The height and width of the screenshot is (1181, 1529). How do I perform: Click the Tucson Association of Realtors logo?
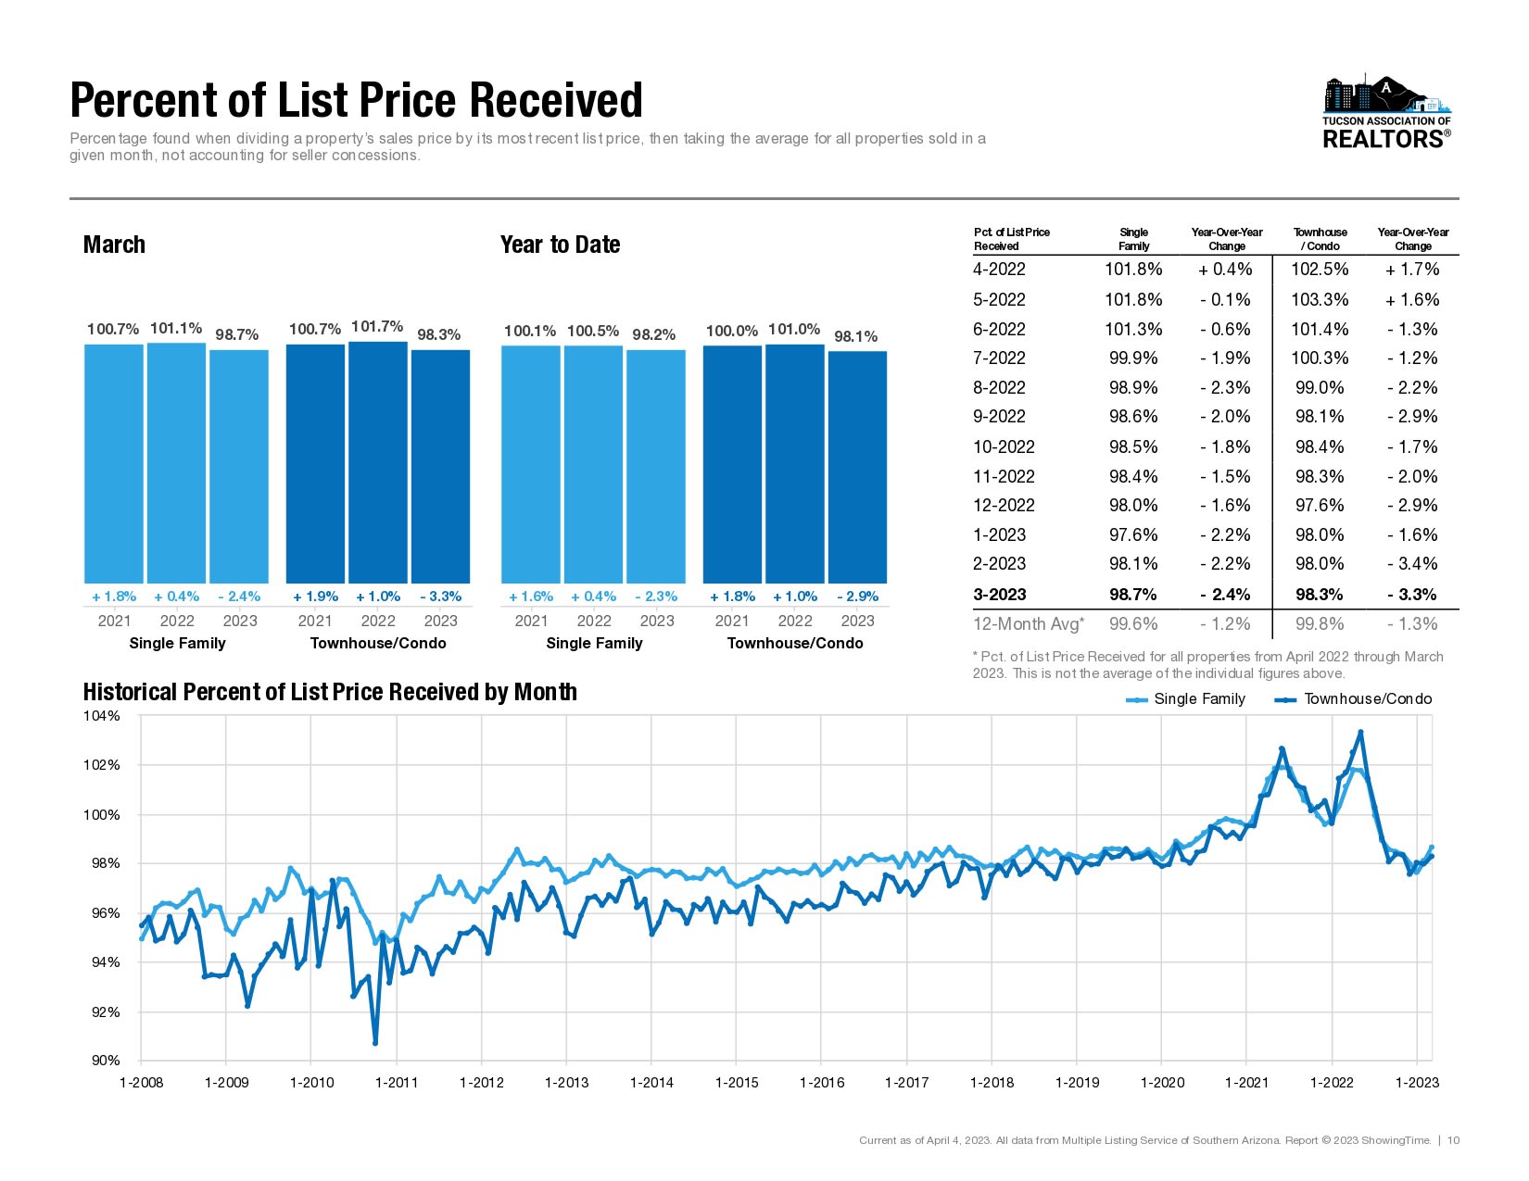pos(1386,112)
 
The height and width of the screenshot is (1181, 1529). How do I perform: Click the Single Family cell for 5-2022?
pos(1133,300)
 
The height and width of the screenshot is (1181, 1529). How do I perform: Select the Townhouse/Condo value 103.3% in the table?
pos(1320,300)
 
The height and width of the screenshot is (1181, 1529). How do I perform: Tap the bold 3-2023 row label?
pos(1000,595)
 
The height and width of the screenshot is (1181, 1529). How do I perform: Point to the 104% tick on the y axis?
pos(102,716)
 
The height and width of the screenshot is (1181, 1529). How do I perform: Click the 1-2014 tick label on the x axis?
pos(651,1083)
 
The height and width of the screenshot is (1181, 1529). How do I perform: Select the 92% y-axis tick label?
pos(105,1012)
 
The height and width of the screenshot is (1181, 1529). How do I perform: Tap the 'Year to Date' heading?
pos(560,245)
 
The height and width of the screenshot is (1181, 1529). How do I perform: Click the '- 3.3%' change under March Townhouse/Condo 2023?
pos(440,597)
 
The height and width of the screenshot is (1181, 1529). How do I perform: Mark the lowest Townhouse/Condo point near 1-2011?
pos(375,1043)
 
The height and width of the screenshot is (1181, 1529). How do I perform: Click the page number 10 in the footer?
pos(1454,1140)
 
